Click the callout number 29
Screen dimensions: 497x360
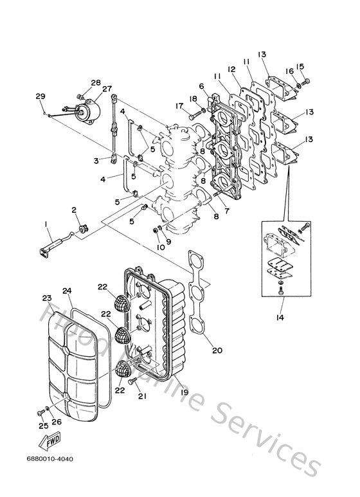(40, 96)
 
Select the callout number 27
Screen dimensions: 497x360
(107, 89)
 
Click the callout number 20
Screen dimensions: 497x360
(216, 350)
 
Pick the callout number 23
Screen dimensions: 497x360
(46, 298)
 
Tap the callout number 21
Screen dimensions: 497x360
(142, 397)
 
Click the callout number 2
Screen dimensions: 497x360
(75, 210)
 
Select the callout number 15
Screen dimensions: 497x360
(299, 66)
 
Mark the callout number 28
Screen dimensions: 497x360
(96, 82)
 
